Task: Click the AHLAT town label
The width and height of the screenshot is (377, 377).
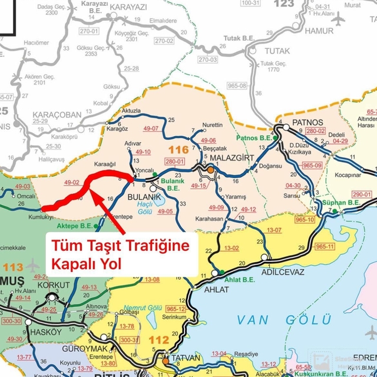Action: click(204, 290)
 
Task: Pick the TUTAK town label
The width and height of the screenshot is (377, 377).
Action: click(277, 51)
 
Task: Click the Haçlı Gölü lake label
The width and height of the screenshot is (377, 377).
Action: click(145, 207)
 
